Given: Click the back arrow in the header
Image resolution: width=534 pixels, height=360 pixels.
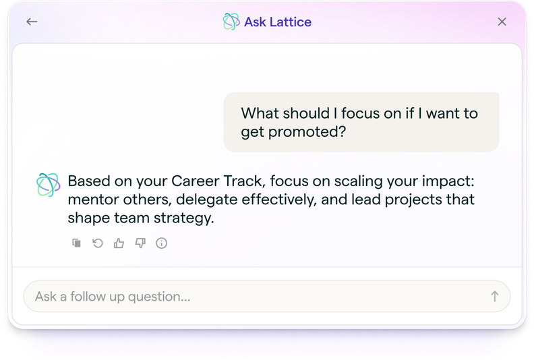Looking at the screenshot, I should click(32, 22).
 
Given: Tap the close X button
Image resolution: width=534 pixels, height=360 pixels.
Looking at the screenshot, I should click(502, 22).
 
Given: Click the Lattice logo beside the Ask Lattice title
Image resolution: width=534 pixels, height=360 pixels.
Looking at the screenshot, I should click(231, 22).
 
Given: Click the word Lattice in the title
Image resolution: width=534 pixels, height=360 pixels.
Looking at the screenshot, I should click(290, 22).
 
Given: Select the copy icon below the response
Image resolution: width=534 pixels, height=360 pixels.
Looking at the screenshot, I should click(77, 243).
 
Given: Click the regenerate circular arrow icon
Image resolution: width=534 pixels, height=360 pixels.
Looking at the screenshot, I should click(98, 243).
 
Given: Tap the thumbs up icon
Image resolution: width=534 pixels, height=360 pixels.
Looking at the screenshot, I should click(119, 243).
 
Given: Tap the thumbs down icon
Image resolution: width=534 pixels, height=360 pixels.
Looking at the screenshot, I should click(140, 243).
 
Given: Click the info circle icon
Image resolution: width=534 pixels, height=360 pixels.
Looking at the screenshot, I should click(161, 243).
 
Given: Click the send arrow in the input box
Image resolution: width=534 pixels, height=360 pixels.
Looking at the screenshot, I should click(494, 297).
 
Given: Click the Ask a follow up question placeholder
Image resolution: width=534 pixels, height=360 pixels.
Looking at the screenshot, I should click(113, 297).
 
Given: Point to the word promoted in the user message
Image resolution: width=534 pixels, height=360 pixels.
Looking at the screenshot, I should click(307, 131).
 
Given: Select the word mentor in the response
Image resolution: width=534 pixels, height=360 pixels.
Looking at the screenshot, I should click(90, 200).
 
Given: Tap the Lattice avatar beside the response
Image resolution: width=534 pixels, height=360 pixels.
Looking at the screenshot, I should click(48, 185).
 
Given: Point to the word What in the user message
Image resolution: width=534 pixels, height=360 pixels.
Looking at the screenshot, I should click(259, 113).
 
